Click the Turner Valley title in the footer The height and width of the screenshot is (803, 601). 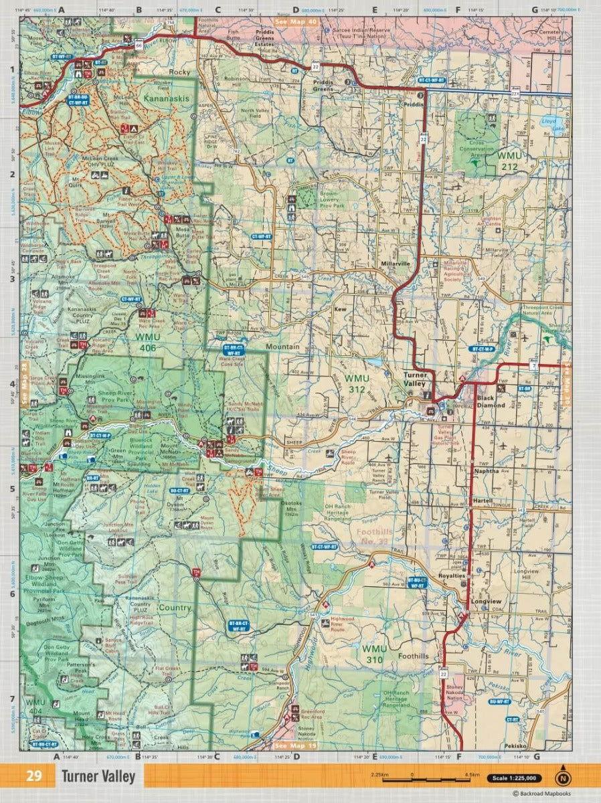click(98, 777)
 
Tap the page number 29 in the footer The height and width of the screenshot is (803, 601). click(34, 777)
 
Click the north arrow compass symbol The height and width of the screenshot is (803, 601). click(564, 777)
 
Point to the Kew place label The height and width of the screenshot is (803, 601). click(340, 310)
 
